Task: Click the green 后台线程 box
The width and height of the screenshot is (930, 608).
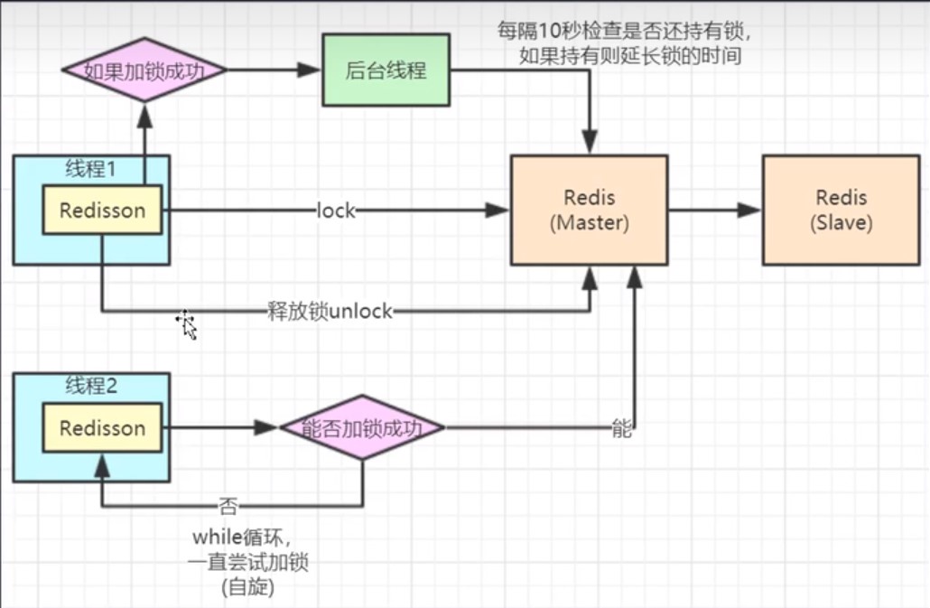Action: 386,70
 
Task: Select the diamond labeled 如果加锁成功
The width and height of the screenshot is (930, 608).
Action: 143,70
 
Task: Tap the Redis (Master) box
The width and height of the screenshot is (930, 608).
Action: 589,210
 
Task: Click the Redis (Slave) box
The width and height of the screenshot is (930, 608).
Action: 841,210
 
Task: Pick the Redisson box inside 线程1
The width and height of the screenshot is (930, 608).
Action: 102,210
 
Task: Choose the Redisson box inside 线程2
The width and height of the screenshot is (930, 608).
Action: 102,427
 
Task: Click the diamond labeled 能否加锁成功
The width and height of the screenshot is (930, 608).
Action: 362,427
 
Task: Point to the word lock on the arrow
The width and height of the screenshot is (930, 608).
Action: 336,210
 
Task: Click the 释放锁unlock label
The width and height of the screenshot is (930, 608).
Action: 330,312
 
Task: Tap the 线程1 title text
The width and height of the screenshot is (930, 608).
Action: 91,169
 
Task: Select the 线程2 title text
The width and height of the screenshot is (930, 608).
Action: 91,387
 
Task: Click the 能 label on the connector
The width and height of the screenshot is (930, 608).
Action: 622,428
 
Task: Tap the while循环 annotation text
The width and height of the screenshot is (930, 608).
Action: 237,537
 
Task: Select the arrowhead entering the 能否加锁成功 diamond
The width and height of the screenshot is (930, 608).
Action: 267,427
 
